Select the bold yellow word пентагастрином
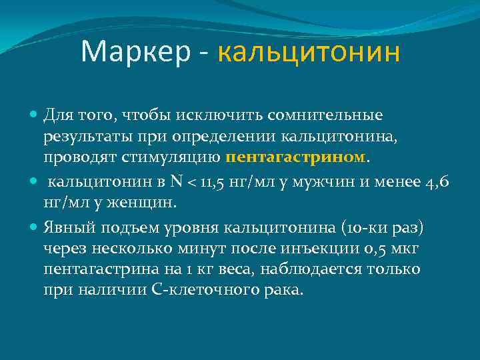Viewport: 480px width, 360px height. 297,159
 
